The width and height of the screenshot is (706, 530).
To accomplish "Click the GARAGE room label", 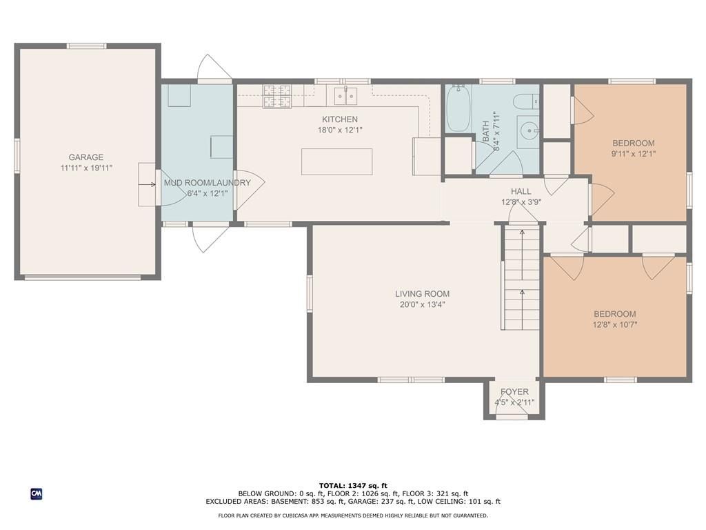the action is [x=85, y=157].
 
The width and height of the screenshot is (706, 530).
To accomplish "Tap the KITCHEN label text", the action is [x=340, y=119].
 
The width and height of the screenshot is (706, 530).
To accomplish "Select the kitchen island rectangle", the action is [x=336, y=161].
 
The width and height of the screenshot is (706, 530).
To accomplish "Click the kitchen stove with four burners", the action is [x=276, y=97].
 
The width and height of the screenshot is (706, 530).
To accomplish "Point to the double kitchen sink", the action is [x=346, y=95].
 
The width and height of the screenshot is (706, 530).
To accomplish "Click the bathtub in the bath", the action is [x=458, y=108].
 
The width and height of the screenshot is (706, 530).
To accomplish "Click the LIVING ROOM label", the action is [x=423, y=294].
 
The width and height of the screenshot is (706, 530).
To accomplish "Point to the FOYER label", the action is [x=514, y=392].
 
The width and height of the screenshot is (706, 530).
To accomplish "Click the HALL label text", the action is [x=521, y=192].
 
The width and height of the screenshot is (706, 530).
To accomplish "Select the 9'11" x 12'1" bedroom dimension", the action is [x=634, y=154].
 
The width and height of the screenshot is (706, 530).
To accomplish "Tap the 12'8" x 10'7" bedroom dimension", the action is [x=615, y=324].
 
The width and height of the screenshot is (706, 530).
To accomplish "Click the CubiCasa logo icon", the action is [x=37, y=494].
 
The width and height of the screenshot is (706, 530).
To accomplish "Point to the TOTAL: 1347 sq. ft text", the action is [x=353, y=485].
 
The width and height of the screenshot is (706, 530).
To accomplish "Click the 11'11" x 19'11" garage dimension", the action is [x=86, y=168].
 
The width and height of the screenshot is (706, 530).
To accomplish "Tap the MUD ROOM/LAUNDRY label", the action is [x=207, y=183].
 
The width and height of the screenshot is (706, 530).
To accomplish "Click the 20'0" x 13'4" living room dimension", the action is [x=423, y=304].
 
